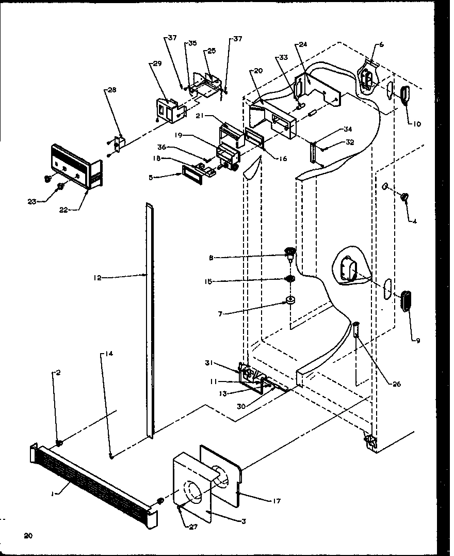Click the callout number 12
[x=98, y=278]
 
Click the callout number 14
[x=109, y=354]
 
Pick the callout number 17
[x=277, y=501]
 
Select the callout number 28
[x=111, y=90]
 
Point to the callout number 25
[x=212, y=51]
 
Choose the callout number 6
[x=381, y=45]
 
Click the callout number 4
[x=414, y=221]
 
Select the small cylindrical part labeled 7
[x=290, y=300]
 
